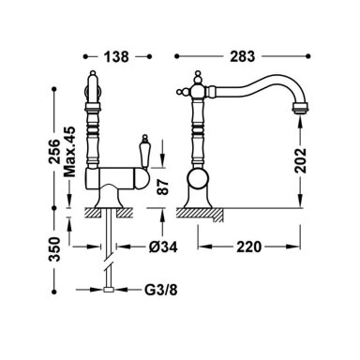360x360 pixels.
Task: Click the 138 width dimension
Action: click(116, 56)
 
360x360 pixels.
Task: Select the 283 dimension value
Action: click(243, 56)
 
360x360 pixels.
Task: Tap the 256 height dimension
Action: click(54, 152)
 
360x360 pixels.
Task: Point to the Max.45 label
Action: click(69, 152)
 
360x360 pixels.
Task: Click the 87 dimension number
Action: click(163, 187)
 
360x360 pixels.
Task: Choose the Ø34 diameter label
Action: click(163, 247)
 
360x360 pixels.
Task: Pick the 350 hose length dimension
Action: click(54, 249)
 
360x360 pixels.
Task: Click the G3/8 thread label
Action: click(160, 290)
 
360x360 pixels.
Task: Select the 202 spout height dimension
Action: click(301, 160)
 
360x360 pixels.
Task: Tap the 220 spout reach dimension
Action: click(248, 247)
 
